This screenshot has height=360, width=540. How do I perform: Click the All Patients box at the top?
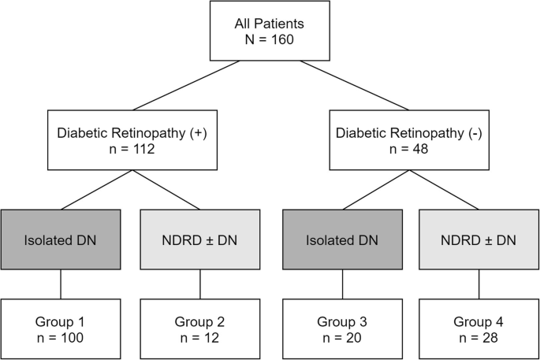[269, 31]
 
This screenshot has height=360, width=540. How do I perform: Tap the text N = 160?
[269, 39]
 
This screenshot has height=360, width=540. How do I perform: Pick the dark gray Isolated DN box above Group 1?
[61, 240]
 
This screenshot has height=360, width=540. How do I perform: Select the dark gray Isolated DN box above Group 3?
[341, 240]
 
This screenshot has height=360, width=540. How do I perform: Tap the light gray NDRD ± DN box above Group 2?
[199, 240]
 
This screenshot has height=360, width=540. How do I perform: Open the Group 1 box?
[61, 329]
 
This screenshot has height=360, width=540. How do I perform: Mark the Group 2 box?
[199, 329]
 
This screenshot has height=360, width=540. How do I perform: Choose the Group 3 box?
[341, 329]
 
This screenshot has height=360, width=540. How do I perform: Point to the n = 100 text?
[61, 338]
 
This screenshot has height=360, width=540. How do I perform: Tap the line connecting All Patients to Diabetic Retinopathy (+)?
[187, 85]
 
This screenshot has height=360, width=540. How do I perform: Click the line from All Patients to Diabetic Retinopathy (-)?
[352, 85]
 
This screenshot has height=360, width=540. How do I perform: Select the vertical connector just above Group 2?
[199, 285]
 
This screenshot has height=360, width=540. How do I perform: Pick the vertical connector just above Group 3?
[341, 285]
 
